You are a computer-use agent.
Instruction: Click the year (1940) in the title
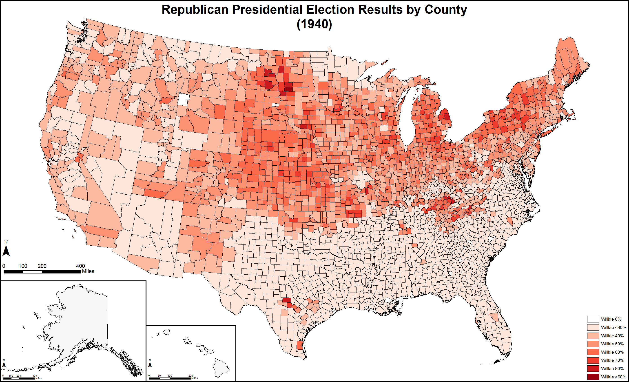click(x=314, y=24)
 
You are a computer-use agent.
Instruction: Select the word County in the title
click(x=445, y=10)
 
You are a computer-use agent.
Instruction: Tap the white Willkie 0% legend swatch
click(x=593, y=319)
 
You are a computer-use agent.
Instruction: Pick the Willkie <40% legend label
click(x=613, y=327)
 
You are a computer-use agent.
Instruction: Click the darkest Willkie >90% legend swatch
click(x=593, y=377)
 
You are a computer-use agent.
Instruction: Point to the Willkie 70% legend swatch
click(x=593, y=360)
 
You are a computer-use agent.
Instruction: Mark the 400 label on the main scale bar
click(x=80, y=266)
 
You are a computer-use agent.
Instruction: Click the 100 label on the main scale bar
click(x=23, y=266)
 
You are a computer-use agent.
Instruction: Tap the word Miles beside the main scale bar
click(x=88, y=271)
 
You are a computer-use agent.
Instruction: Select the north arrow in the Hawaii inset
click(x=150, y=364)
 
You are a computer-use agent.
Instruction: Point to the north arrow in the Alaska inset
click(x=4, y=364)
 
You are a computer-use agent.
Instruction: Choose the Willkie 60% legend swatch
click(x=593, y=352)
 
